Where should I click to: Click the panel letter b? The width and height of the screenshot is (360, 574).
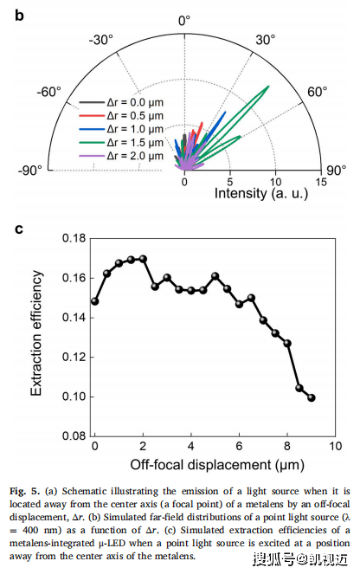coord(19,16)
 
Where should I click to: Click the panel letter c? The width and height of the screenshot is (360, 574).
coord(19,229)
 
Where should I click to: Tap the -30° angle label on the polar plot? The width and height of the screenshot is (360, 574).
coord(101,40)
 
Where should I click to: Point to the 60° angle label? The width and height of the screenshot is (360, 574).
coord(317,92)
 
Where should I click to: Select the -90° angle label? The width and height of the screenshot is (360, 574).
coord(30,171)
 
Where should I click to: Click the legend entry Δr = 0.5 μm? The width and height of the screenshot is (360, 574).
coord(135,116)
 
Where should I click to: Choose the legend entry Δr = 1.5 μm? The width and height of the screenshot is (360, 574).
coord(135,142)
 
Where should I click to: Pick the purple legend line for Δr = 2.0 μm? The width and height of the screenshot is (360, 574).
coord(92,157)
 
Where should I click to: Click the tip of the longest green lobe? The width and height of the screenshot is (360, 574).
coord(269,86)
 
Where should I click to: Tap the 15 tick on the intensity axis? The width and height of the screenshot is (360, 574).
coord(321,182)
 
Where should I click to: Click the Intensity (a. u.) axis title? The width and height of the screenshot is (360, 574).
coord(261,193)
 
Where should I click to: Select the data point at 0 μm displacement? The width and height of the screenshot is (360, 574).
coord(94,301)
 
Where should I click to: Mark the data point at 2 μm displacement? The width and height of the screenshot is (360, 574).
coord(143,259)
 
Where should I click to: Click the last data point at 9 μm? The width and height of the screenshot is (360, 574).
coord(312,397)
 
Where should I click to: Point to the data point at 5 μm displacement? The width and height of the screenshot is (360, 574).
coord(215,276)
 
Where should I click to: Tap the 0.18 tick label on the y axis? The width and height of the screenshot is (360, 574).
coord(74,238)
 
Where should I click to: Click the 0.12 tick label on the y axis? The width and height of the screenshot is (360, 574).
coord(74,357)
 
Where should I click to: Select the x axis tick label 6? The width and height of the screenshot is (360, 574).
coord(239,446)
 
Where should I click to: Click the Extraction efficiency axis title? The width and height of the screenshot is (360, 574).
coord(36,333)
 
